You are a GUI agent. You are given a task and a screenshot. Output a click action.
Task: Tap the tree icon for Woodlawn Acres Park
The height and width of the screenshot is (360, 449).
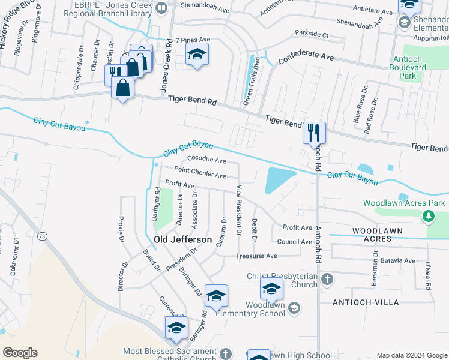coord(429,216)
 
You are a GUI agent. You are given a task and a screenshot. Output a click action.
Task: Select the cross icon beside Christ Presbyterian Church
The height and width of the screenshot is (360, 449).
coord(327,280)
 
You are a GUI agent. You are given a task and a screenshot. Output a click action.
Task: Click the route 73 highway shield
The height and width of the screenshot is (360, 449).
coord(41,237)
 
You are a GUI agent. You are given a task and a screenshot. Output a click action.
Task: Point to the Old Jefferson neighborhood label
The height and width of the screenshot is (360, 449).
coord(182,239)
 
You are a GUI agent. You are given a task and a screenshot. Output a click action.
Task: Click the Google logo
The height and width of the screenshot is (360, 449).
coord(20,353)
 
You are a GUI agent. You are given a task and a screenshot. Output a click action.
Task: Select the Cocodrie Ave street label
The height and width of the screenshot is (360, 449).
coord(206,160)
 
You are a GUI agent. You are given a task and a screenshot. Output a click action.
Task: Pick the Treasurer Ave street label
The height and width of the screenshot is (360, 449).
coord(257,256)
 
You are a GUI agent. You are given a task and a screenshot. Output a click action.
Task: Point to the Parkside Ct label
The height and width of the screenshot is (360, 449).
coord(311,35)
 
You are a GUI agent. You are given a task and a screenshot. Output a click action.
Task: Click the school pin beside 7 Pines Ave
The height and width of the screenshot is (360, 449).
coord(197,55)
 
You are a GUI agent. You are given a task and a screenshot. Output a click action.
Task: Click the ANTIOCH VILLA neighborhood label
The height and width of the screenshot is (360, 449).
coord(366,302)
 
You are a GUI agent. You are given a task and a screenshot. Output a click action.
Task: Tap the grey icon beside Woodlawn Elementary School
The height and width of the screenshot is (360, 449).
coord(294,308)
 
